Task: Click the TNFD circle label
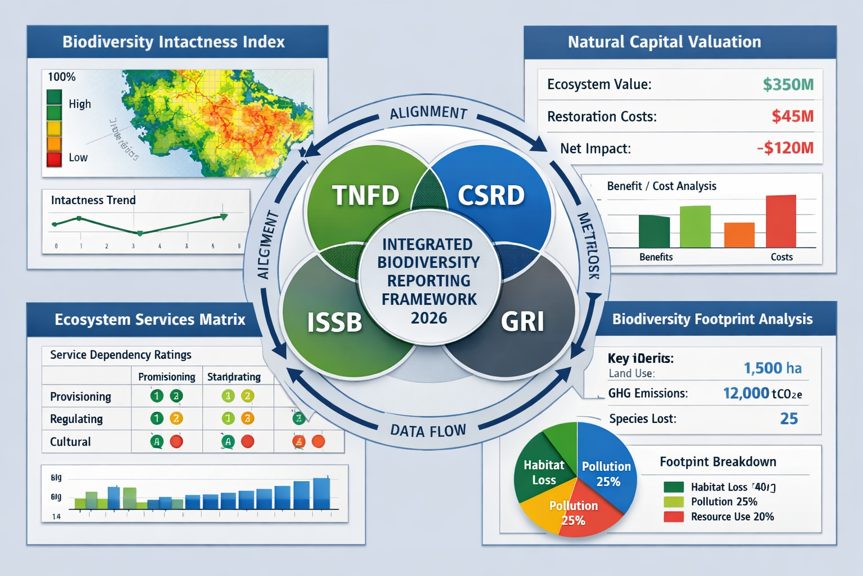365,196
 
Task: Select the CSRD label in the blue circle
490,196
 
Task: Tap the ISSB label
334,322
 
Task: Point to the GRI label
522,322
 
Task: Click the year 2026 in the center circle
429,318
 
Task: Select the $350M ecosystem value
788,84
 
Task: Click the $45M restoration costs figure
792,116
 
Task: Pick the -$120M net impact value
785,148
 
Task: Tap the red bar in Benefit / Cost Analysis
780,221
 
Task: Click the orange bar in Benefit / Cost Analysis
739,235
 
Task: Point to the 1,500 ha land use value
773,368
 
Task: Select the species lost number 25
789,418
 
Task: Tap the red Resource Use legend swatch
673,516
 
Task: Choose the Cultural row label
70,442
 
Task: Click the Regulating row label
76,419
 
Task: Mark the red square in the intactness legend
54,159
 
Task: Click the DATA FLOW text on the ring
428,431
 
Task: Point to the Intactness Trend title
93,200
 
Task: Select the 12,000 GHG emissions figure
746,393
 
